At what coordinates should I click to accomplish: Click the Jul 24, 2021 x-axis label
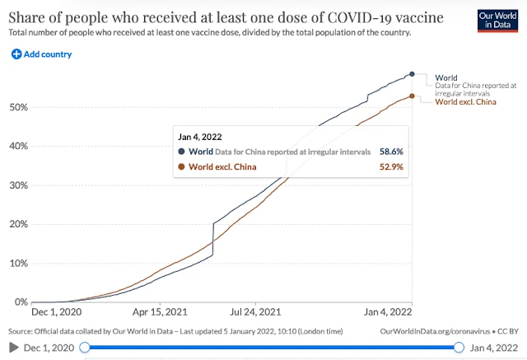(x=256, y=313)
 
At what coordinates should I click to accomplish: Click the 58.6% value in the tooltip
(x=389, y=152)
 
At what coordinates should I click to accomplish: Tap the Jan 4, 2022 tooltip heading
(x=199, y=136)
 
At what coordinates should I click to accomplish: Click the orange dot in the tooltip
(x=181, y=167)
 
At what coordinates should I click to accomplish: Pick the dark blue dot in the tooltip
(x=181, y=152)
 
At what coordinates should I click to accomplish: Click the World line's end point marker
(x=412, y=74)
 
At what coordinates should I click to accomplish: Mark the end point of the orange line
(x=412, y=96)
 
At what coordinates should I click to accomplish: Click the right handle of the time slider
(x=459, y=348)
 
